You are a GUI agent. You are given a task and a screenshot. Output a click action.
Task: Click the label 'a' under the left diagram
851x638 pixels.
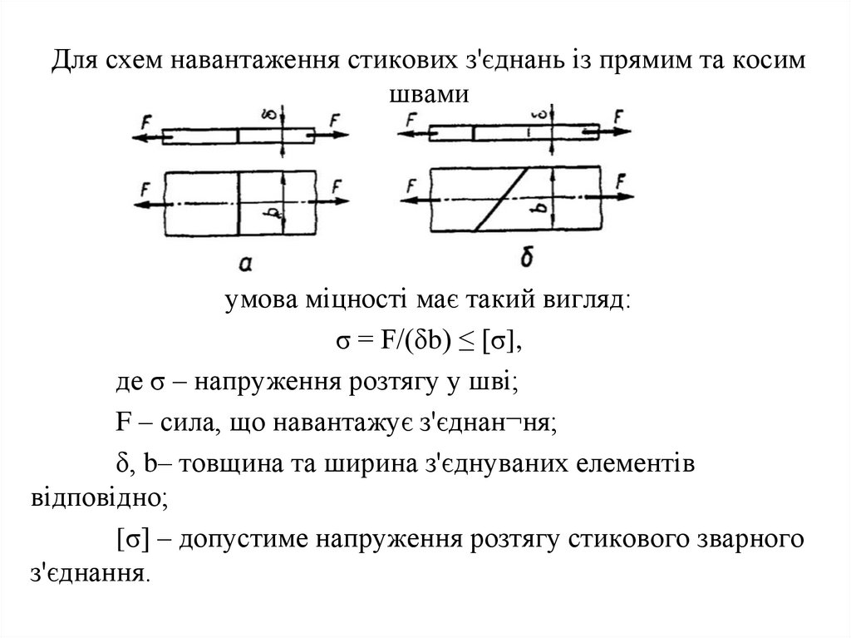[x=246, y=264]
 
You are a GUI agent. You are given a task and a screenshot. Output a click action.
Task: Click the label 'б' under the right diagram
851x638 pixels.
[x=527, y=259]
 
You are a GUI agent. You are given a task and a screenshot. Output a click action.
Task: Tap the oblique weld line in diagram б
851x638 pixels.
[x=500, y=200]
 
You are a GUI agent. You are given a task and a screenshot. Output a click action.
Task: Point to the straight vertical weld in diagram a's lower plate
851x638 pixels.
[x=239, y=203]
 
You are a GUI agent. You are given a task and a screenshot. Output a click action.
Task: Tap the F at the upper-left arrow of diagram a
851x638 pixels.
[x=146, y=121]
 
